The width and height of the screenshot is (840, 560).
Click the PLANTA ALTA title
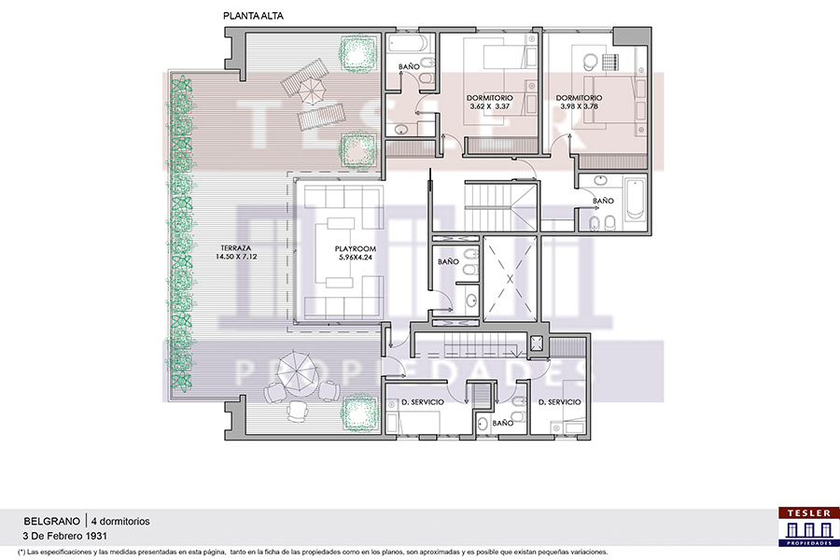coord(253,16)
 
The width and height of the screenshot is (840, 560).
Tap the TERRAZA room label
coord(236,248)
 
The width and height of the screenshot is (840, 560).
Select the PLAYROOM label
coord(356,248)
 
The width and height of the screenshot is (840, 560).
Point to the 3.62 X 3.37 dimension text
coord(490,106)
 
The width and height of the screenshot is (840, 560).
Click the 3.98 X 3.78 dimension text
coord(579,106)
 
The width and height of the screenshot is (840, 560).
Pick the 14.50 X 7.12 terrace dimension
coord(236,257)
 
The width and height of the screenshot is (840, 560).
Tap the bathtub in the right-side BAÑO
coord(635,200)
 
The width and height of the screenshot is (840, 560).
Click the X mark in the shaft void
coord(510,279)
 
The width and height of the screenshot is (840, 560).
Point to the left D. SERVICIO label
coord(423,402)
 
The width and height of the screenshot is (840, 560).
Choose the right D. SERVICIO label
coord(559,402)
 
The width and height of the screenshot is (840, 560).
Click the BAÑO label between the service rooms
coord(502,423)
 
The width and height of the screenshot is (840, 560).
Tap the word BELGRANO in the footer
coord(51,521)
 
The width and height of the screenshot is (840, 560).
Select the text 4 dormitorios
coord(120,521)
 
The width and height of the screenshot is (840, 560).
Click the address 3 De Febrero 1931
coord(64,536)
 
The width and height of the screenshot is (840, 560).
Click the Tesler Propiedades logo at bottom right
coord(808,526)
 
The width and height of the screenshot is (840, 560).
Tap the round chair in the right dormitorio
coord(591,61)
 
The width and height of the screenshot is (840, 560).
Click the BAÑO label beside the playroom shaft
coord(448,261)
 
